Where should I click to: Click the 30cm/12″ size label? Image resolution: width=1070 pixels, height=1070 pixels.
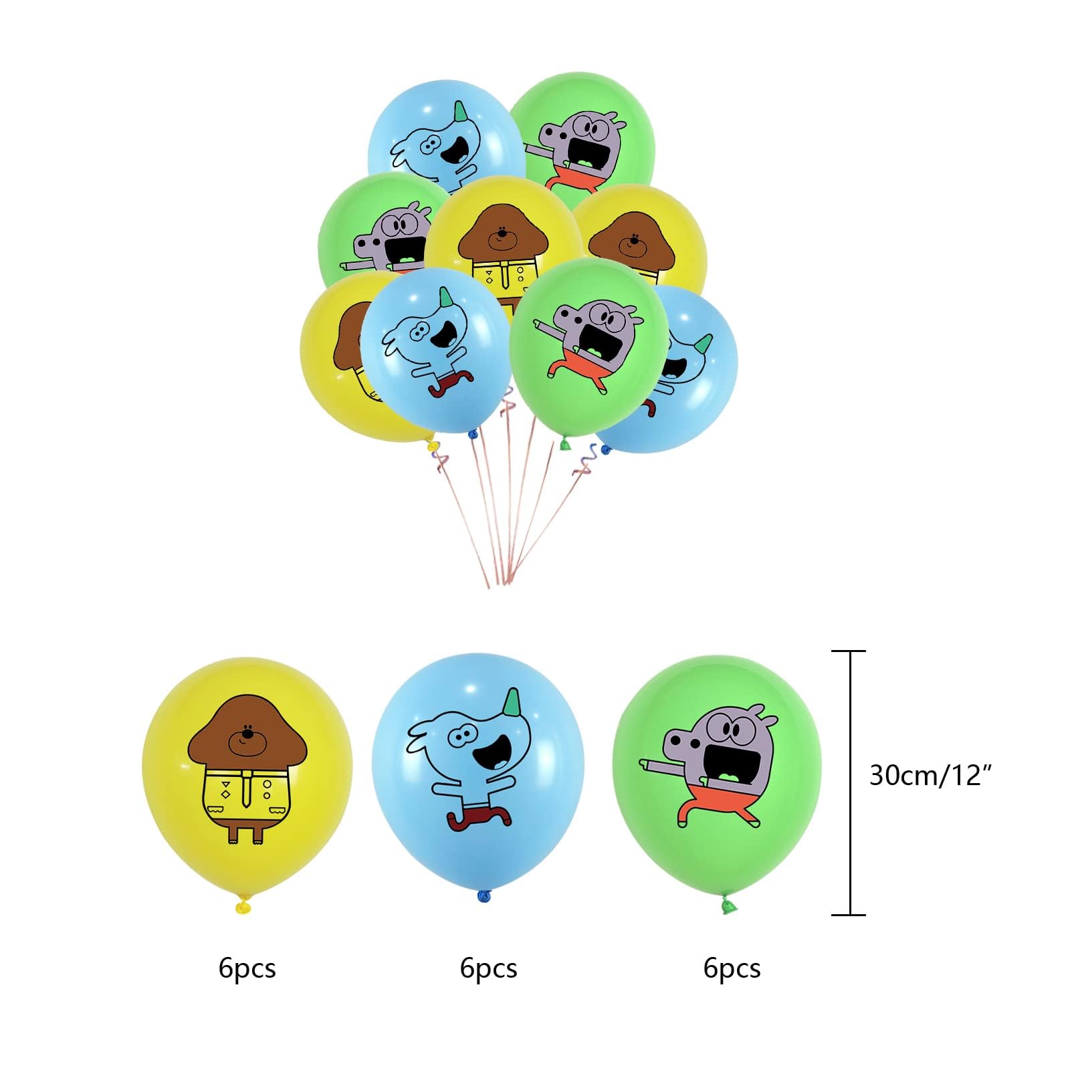coord(930,775)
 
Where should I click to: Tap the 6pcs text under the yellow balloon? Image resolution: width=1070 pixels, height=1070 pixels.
coord(247,968)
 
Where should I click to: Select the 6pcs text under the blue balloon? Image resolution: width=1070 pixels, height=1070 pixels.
coord(488,968)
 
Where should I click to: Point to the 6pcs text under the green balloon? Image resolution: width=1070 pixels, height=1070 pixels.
coord(732,968)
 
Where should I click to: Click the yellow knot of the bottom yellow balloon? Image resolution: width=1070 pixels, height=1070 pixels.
coord(243,907)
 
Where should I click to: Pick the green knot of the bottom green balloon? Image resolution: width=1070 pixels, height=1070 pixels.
coord(728,906)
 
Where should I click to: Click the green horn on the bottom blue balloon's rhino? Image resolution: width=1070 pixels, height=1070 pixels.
coord(512,702)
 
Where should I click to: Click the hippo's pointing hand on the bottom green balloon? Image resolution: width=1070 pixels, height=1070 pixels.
coord(646,762)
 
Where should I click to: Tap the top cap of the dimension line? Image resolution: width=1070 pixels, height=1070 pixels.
coord(849,651)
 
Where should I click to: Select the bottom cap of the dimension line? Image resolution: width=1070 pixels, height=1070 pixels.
coord(849,914)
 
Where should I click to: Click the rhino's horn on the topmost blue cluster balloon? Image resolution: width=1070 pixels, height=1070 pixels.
coord(459,112)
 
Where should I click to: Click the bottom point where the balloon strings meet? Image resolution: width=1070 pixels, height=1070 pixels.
coord(498,582)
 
